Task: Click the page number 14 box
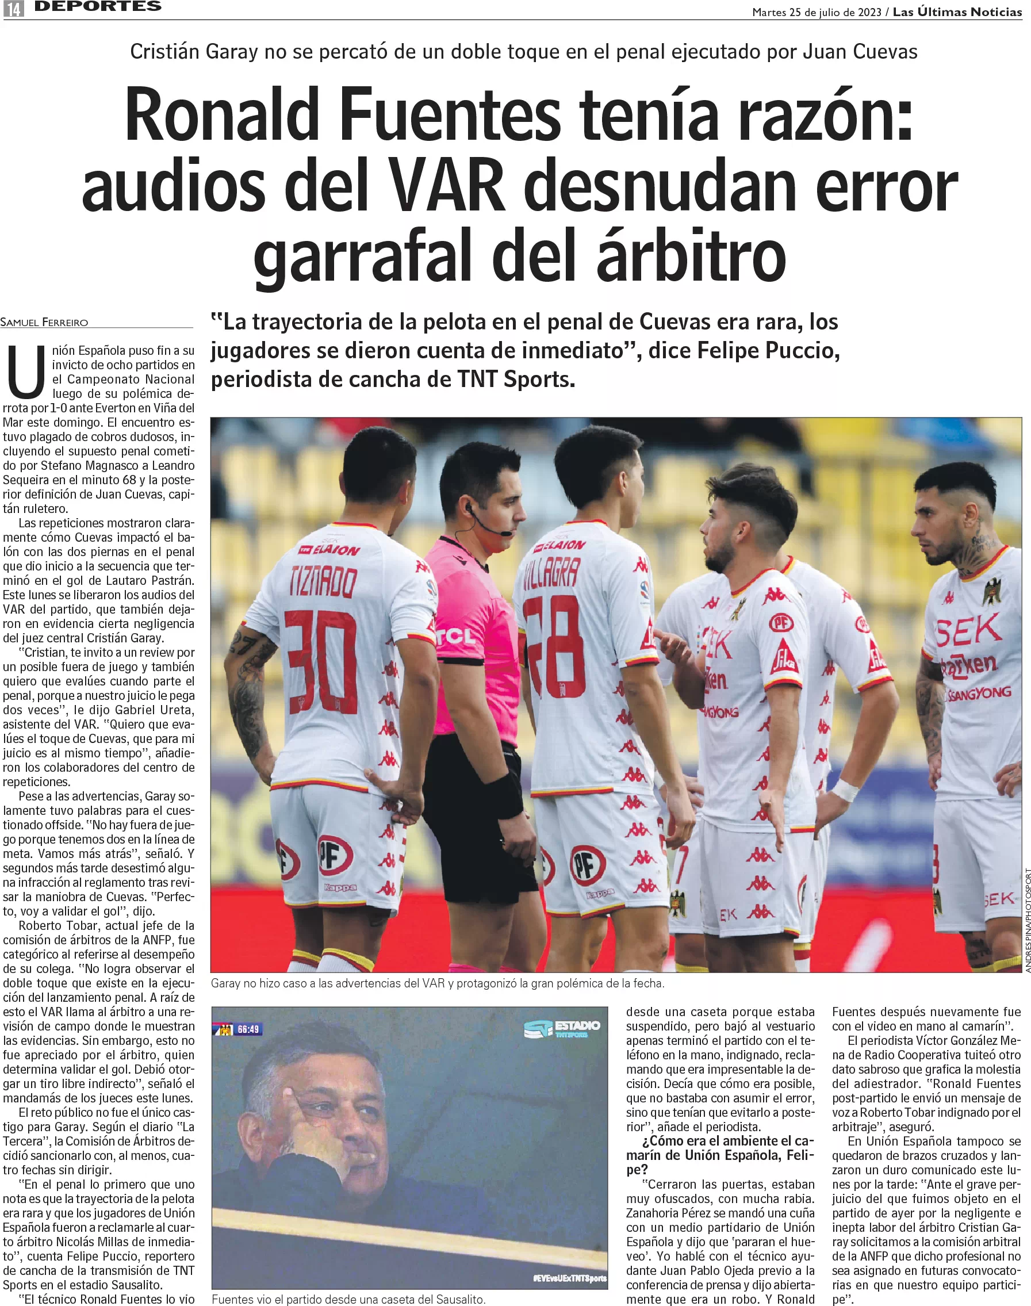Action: (x=13, y=9)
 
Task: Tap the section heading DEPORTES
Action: (x=98, y=7)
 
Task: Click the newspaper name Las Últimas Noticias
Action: (x=957, y=12)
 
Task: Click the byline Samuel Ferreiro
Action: (x=44, y=323)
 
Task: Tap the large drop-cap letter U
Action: (x=26, y=372)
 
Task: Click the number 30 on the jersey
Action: (x=321, y=662)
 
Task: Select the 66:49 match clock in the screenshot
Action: (x=248, y=1029)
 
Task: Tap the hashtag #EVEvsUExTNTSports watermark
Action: (x=569, y=1278)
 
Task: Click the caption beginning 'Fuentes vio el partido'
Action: (x=348, y=1299)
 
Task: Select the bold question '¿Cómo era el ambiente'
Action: (x=719, y=1155)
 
